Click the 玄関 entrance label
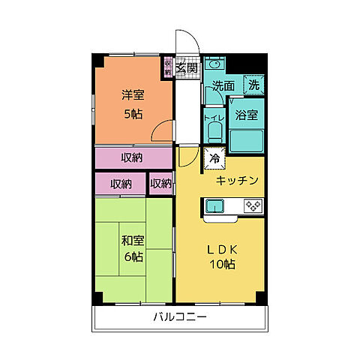(x=187, y=69)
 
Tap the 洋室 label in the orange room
(x=134, y=96)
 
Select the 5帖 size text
(x=133, y=114)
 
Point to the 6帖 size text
(x=133, y=257)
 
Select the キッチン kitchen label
(x=237, y=180)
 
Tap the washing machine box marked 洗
(x=255, y=85)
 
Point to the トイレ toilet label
(x=212, y=117)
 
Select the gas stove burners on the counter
(x=252, y=205)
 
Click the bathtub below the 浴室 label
(x=247, y=140)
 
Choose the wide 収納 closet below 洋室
(x=133, y=158)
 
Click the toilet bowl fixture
(x=212, y=133)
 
